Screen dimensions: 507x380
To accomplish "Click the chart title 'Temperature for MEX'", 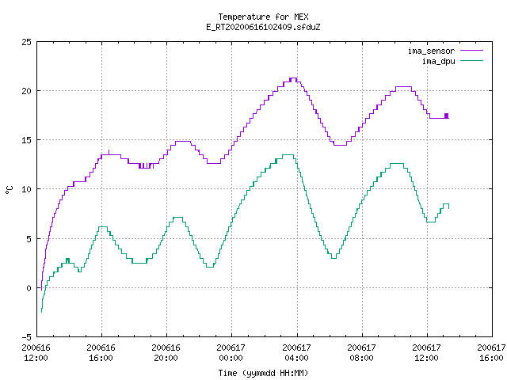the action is [263, 17].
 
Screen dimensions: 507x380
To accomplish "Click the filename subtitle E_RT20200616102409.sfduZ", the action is [263, 27].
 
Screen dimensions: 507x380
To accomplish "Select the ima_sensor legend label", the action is [431, 51].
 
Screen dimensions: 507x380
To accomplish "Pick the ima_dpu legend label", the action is [439, 61].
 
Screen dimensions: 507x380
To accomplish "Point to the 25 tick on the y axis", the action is [26, 42].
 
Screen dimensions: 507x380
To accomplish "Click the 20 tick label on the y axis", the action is [26, 91].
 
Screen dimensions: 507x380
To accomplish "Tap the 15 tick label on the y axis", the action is [26, 140].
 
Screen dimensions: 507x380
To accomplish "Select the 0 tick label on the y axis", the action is [29, 288].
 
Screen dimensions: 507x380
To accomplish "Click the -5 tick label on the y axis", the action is [26, 337].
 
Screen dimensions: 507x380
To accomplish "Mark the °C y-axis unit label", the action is [10, 190].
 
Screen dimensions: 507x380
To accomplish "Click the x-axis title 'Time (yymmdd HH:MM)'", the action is [263, 373].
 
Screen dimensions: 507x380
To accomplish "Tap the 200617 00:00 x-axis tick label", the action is [231, 353].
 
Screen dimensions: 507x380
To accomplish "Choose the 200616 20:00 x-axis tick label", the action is [166, 353].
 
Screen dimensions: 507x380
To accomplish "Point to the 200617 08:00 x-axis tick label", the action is [361, 353].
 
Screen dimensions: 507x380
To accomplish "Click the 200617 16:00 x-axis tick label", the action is [491, 353].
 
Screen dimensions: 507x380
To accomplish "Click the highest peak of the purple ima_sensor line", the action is [293, 78].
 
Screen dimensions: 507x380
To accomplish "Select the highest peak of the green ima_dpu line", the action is [288, 155].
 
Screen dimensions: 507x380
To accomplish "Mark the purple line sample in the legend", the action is [472, 51].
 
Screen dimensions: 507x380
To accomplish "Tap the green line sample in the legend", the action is [472, 60].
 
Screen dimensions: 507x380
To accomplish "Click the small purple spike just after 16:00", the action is [109, 152].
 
